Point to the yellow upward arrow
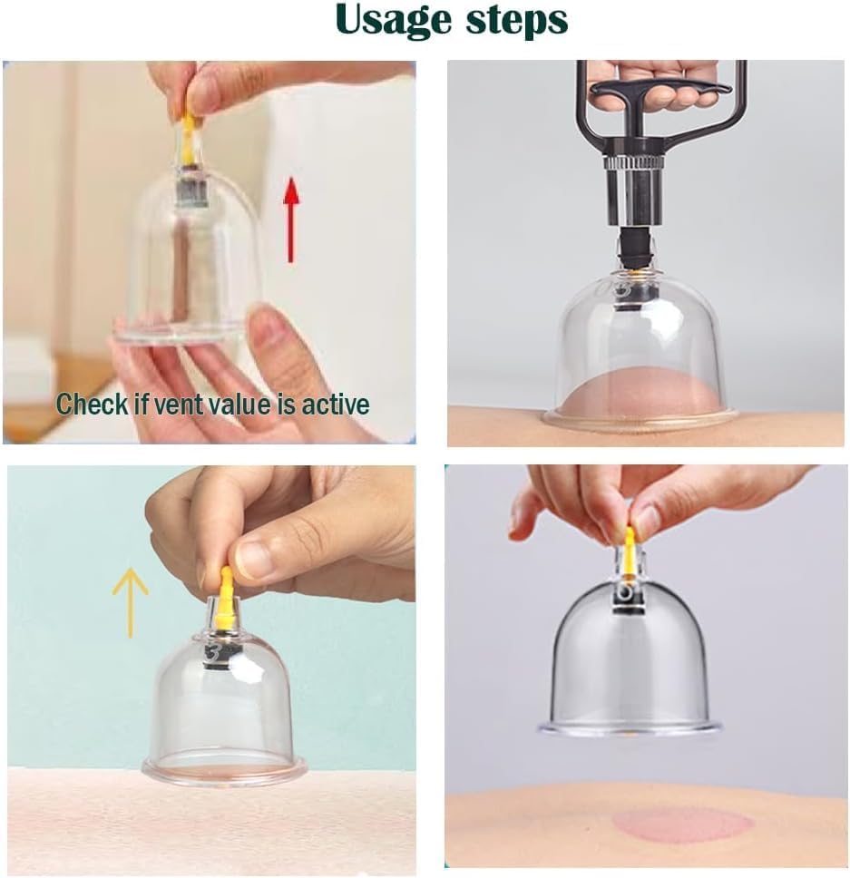tap(130, 600)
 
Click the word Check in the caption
tap(90, 404)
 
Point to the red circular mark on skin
tap(681, 824)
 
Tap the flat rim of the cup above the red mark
tap(630, 728)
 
